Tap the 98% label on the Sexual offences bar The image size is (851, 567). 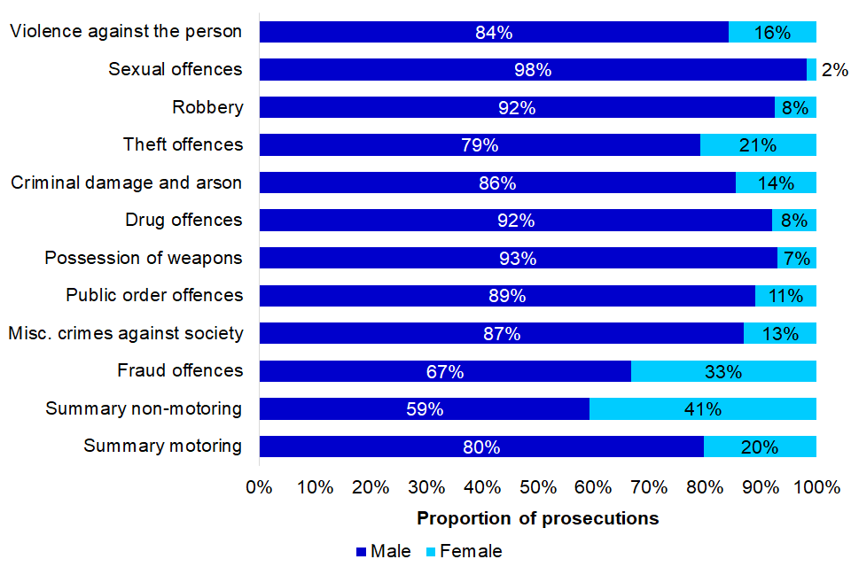(532, 70)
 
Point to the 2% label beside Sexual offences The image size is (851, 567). (835, 70)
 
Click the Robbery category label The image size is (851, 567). (207, 107)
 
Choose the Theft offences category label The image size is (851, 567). (183, 144)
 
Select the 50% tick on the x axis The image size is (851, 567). (538, 487)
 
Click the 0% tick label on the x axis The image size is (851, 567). (259, 487)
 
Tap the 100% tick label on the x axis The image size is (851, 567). (816, 487)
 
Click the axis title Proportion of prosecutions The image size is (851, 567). (538, 518)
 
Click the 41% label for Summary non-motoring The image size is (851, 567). (702, 409)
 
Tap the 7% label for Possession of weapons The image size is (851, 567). (797, 259)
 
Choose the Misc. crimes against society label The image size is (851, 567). (125, 333)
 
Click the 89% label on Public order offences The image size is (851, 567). (507, 296)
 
